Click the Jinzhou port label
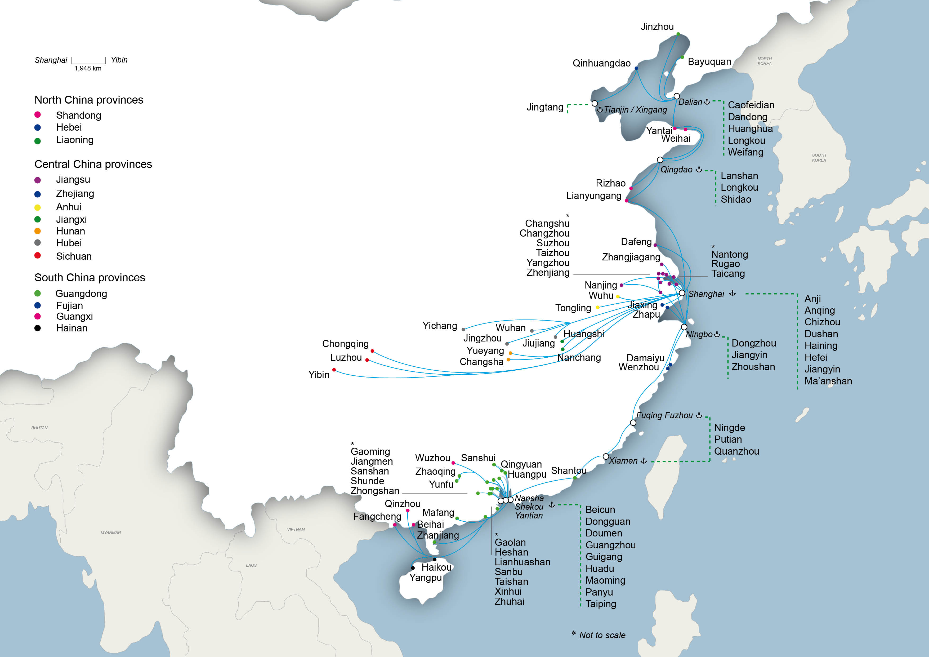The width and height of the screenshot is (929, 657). coord(657,27)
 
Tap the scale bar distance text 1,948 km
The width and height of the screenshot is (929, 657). coord(88,68)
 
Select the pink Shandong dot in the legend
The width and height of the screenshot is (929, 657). coord(38,115)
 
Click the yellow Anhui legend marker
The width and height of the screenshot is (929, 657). coord(38,207)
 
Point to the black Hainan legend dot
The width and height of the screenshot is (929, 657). coord(38,328)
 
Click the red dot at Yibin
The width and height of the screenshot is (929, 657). coord(334,370)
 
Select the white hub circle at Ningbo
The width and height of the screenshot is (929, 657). coord(684,327)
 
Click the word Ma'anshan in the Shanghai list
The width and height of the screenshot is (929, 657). coord(828,381)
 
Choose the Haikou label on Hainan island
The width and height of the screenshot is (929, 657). coord(436,567)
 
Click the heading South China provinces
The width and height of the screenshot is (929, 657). coord(90,277)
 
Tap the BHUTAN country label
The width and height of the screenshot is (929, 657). coord(39,428)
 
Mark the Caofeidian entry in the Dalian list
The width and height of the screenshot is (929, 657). coord(751,105)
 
